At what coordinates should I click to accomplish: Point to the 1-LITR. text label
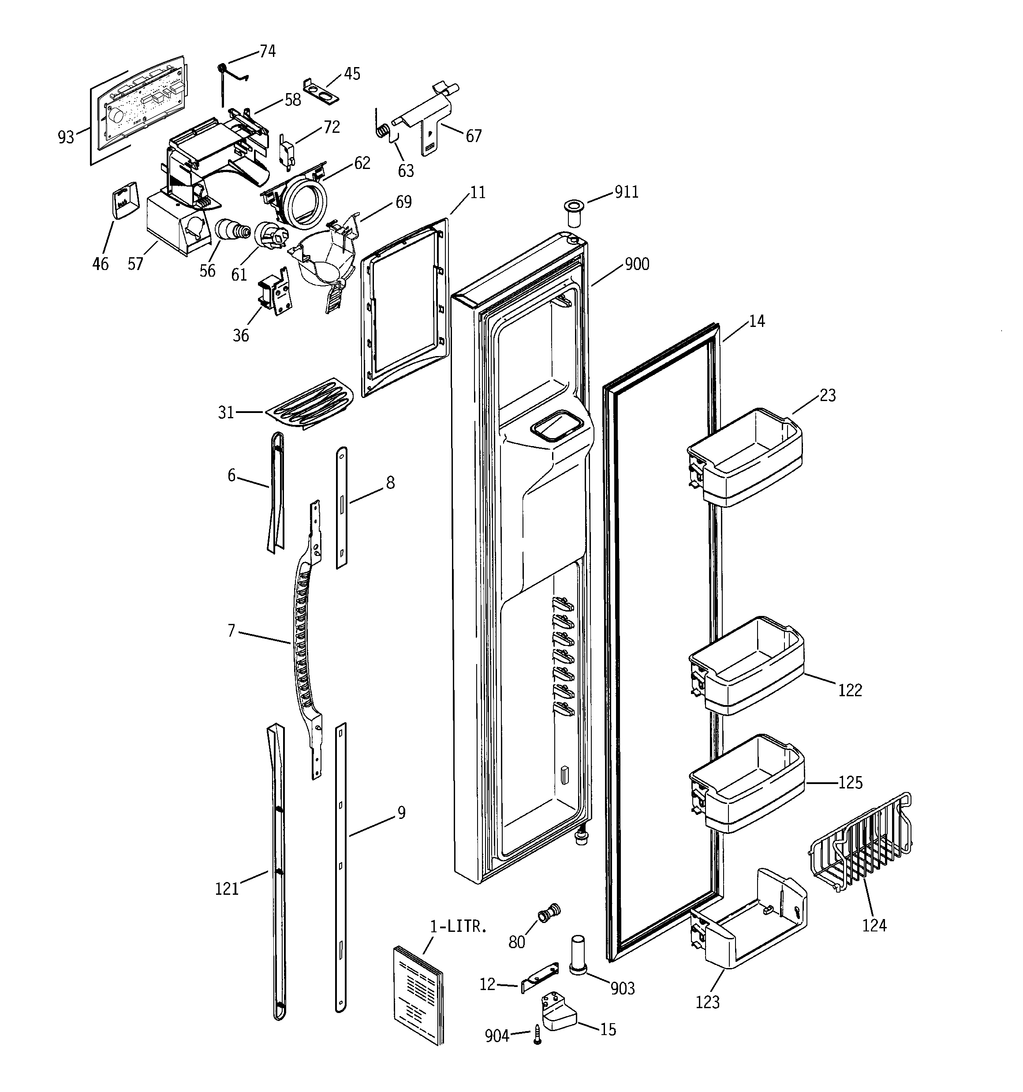pyautogui.click(x=459, y=927)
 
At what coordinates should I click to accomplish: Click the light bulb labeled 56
pyautogui.click(x=231, y=230)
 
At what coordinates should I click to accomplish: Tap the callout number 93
pyautogui.click(x=66, y=137)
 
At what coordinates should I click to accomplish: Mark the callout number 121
pyautogui.click(x=226, y=888)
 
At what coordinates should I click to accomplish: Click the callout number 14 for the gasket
pyautogui.click(x=756, y=321)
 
